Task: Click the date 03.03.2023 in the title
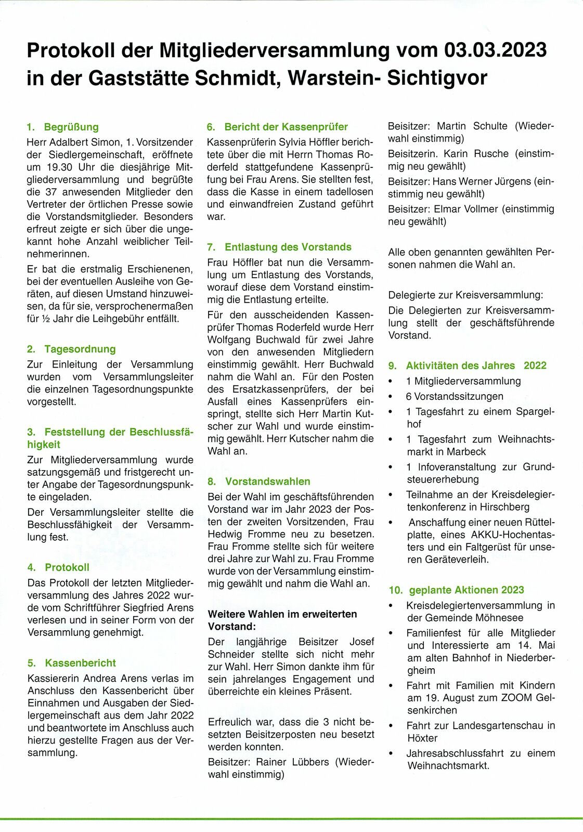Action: pyautogui.click(x=495, y=50)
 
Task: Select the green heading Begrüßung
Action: pyautogui.click(x=71, y=127)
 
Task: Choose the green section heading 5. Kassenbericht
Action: pyautogui.click(x=72, y=663)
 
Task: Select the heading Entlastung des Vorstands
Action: pyautogui.click(x=288, y=247)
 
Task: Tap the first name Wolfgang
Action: pyautogui.click(x=229, y=340)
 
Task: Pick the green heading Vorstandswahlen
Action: pyautogui.click(x=267, y=482)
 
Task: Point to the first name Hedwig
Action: pyautogui.click(x=225, y=534)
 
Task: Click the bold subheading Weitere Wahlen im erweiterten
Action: pyautogui.click(x=282, y=614)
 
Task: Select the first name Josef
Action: pyautogui.click(x=361, y=642)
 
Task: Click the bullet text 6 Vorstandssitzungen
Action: pyautogui.click(x=454, y=396)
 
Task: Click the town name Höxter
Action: pyautogui.click(x=422, y=738)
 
